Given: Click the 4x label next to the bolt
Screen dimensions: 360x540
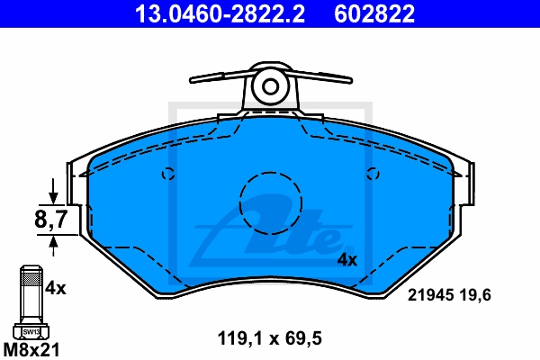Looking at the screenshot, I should pos(56,289).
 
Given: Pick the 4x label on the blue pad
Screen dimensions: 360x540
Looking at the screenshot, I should pos(346,260).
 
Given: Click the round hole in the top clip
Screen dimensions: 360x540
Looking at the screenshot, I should pos(270,86).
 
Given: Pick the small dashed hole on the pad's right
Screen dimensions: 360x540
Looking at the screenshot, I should pos(372,175).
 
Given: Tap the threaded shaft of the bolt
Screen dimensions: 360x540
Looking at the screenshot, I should pos(29,292).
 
